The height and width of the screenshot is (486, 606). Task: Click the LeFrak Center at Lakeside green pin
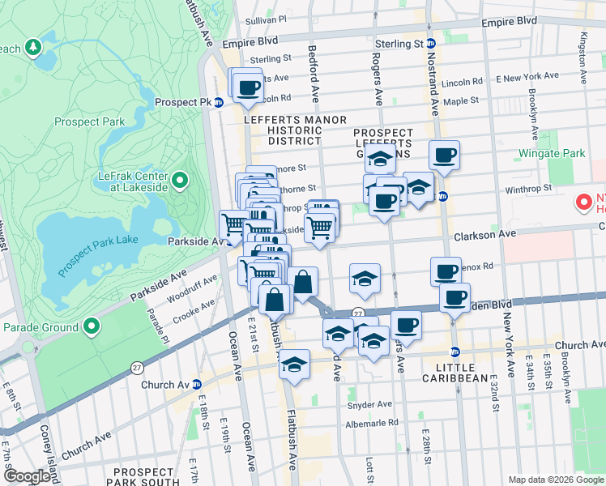point(180,179)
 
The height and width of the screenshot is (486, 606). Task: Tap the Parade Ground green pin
point(92,327)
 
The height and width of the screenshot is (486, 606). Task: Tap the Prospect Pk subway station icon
point(219,102)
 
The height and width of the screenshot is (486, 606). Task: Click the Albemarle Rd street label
point(372,422)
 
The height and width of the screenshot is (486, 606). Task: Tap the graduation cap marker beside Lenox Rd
point(365,279)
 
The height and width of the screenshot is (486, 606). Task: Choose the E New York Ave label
point(527,77)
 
